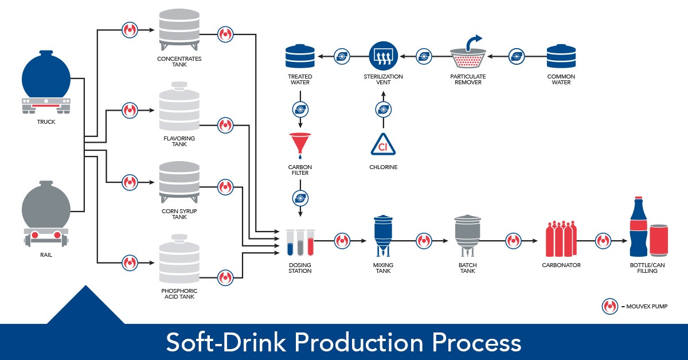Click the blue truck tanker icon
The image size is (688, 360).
46,86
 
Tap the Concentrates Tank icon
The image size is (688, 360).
179,31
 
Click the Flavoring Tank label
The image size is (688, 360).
179,141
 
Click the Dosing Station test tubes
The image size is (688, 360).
300,242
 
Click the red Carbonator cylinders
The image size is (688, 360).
561,238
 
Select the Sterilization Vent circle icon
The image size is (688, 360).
384,56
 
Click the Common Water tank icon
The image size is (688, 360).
561,56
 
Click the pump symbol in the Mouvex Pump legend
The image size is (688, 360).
609,307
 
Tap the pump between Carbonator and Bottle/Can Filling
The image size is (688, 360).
603,241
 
